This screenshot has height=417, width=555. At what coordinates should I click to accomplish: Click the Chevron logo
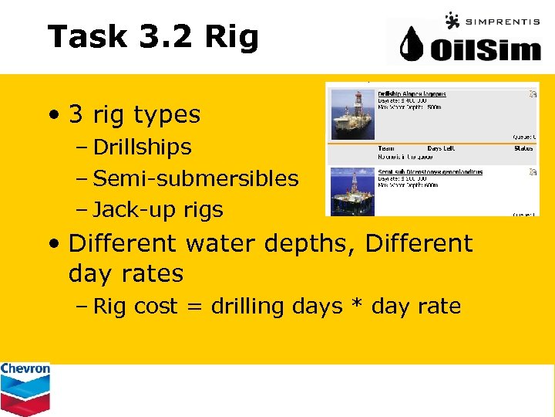[x=25, y=388]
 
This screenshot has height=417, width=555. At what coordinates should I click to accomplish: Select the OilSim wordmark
[x=484, y=49]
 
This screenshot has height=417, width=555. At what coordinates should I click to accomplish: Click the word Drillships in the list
[x=142, y=147]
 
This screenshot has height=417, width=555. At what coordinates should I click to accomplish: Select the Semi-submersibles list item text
[x=195, y=178]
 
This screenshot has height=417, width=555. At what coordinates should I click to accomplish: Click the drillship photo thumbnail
[x=352, y=113]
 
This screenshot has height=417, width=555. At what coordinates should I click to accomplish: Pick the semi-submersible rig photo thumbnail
[x=352, y=191]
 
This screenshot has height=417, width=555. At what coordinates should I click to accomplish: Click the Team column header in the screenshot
[x=386, y=148]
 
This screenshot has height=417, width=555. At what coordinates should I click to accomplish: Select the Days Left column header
[x=441, y=148]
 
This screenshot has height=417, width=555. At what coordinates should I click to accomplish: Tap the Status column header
[x=525, y=148]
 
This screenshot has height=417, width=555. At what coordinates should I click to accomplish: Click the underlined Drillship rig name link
[x=412, y=94]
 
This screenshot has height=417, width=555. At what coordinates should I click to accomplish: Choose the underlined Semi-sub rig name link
[x=430, y=171]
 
